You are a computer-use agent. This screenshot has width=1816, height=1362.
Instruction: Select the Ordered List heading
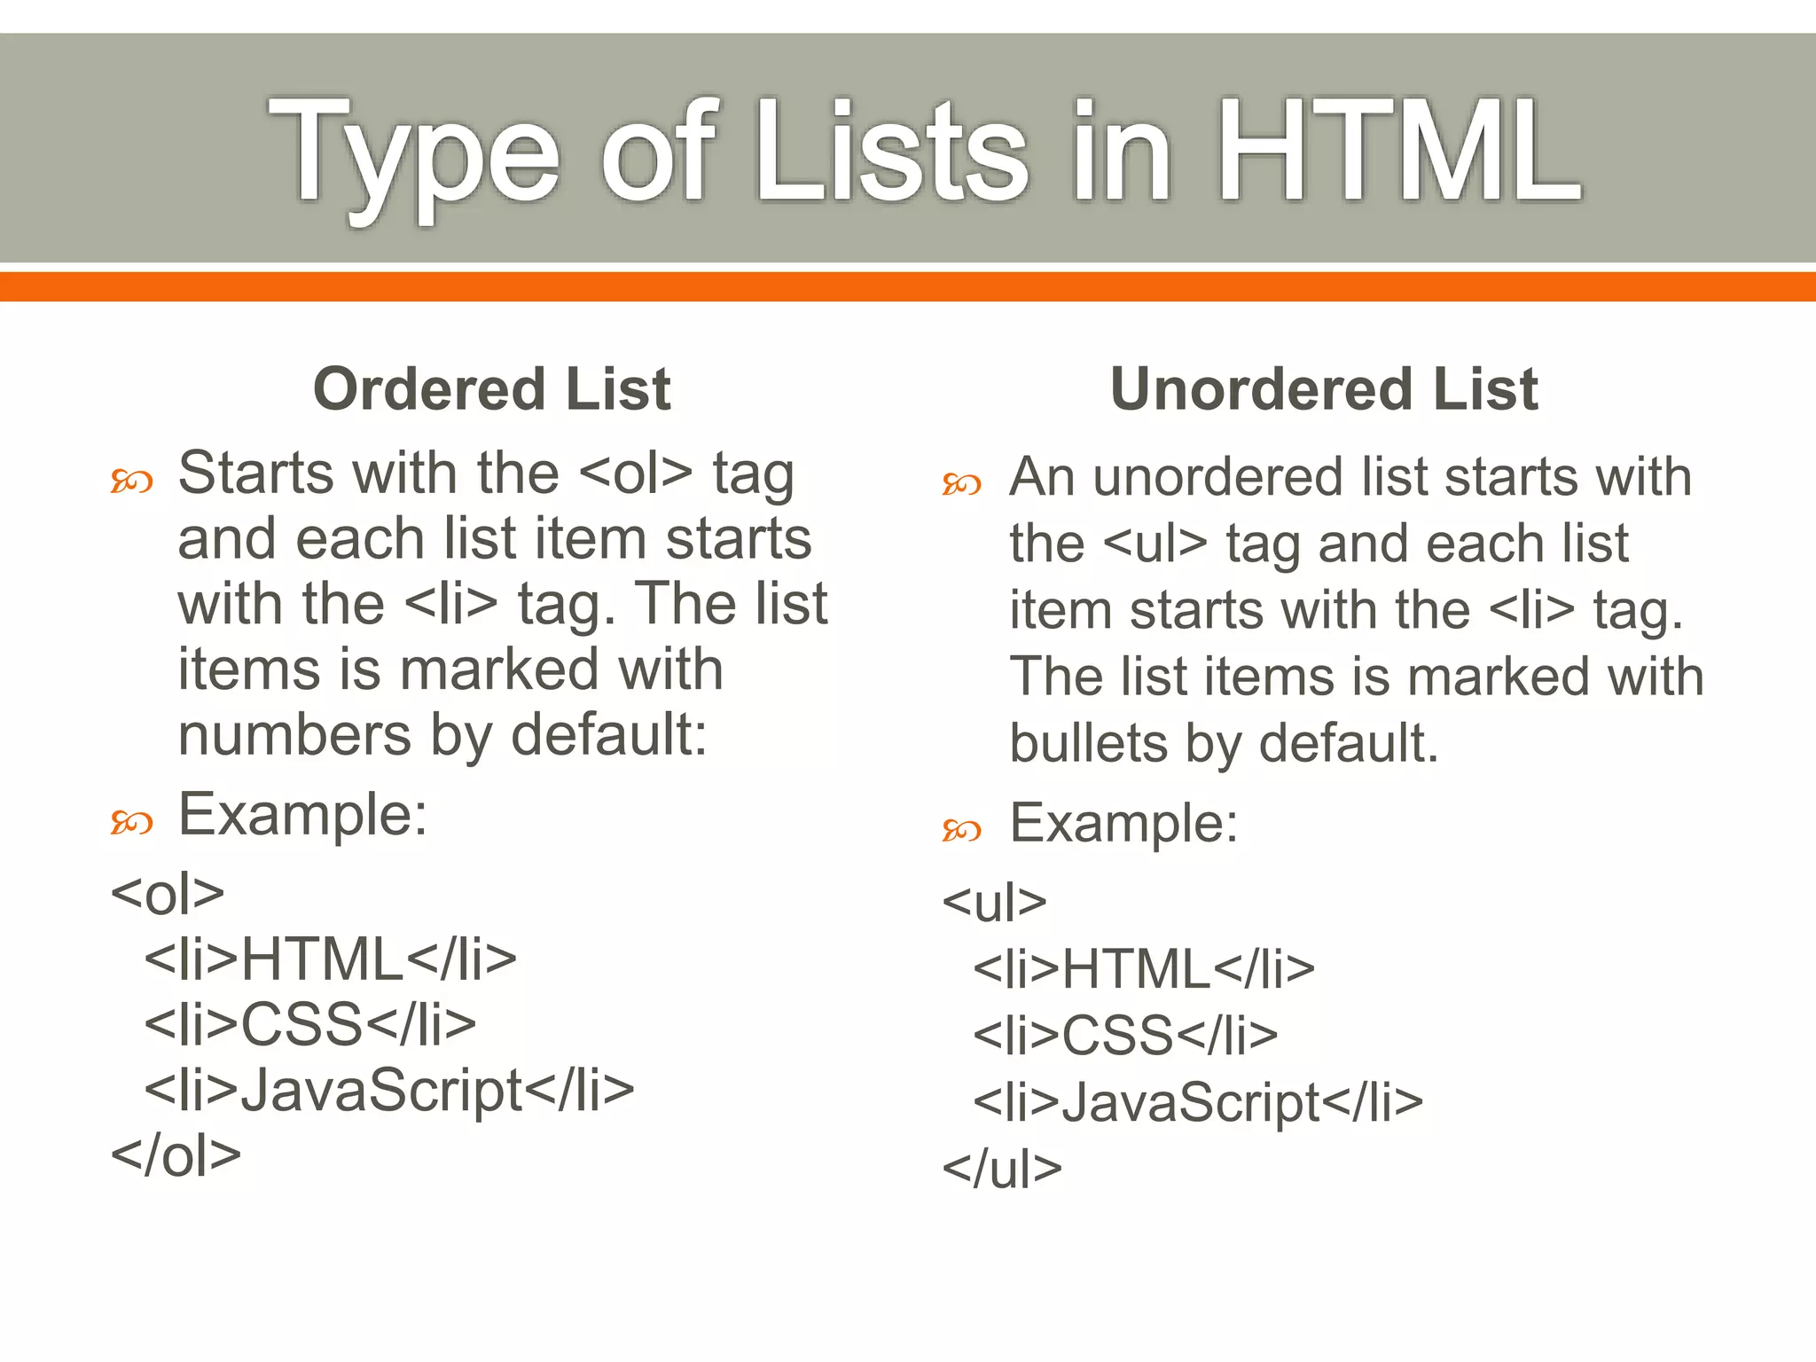(x=492, y=389)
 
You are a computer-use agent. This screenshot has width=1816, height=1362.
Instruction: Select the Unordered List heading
(x=1324, y=389)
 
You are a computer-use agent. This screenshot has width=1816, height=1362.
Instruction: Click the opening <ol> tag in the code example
(x=168, y=894)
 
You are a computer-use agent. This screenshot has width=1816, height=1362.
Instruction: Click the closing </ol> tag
(x=176, y=1155)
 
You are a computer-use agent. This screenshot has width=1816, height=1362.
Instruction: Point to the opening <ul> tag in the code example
(x=994, y=903)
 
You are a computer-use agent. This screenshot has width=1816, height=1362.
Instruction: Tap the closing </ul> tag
(x=1002, y=1169)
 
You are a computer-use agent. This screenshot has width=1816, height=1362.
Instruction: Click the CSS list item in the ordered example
(x=310, y=1024)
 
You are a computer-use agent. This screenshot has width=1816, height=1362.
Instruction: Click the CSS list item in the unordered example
(x=1125, y=1035)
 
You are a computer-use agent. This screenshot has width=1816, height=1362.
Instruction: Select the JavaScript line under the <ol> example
(x=389, y=1091)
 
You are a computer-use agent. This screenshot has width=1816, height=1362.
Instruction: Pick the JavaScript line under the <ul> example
(x=1198, y=1102)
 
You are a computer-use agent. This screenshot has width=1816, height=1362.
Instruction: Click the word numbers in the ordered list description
(x=294, y=735)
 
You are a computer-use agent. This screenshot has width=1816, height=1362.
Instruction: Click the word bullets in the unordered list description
(x=1088, y=743)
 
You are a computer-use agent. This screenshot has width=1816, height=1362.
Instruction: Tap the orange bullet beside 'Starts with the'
(x=131, y=481)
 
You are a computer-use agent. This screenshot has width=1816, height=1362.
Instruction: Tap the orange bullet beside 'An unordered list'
(x=961, y=484)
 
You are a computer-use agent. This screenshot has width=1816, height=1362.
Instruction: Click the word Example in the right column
(x=1123, y=824)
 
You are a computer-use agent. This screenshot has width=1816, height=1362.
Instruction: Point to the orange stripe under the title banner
(x=908, y=286)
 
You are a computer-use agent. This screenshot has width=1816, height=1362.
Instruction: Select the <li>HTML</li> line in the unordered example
(x=1144, y=968)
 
